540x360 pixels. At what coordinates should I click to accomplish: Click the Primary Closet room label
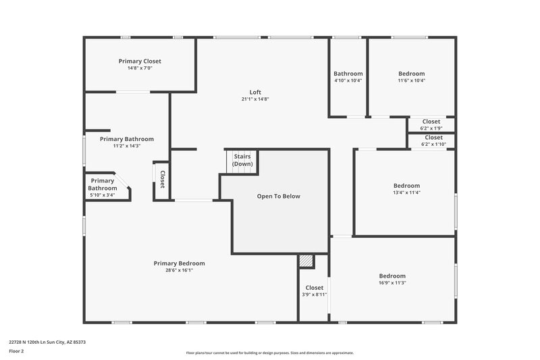coord(140,61)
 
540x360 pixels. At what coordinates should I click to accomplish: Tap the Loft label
coord(255,92)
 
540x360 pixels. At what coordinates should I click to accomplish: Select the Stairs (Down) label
coord(242,161)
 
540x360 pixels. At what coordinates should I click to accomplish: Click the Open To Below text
coord(278,196)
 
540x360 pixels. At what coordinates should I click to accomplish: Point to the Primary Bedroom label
coord(179,263)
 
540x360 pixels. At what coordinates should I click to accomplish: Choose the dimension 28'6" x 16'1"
coord(179,270)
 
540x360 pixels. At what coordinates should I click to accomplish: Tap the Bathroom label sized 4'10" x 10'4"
coord(348,74)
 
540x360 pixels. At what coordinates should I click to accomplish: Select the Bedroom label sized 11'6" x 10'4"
coord(411,74)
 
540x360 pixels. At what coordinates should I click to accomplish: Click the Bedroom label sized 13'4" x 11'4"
coord(406,186)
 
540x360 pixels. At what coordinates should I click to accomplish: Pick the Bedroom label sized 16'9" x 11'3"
coord(392,276)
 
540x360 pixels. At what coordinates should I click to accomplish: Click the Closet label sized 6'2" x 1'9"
coord(431,122)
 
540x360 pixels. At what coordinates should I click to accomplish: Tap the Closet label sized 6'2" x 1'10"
coord(433,137)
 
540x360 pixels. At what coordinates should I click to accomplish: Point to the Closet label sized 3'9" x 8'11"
coord(314,288)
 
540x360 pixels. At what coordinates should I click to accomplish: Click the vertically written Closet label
coord(163,179)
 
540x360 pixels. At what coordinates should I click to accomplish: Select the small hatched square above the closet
coord(306,261)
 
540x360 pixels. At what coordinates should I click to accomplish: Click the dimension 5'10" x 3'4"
coord(102,195)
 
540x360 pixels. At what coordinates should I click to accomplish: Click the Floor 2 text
coord(16,351)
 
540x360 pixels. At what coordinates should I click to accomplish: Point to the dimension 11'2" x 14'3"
coord(126,146)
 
